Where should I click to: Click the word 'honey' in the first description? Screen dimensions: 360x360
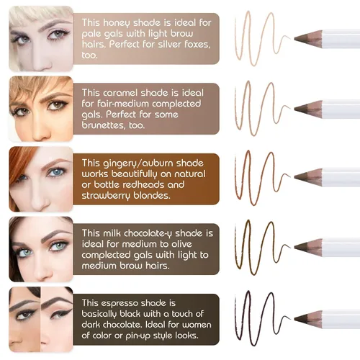point(117,23)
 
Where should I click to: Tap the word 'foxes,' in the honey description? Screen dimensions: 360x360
point(197,45)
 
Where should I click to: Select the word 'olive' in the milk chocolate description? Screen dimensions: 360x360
point(181,244)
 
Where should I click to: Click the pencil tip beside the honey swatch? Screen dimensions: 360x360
point(295,37)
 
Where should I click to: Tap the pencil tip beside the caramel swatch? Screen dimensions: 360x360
point(295,109)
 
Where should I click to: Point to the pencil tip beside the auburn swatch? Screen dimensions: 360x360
point(295,177)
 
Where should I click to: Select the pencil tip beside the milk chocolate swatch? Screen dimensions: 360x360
point(295,246)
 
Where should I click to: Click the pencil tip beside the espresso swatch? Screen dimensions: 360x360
point(295,318)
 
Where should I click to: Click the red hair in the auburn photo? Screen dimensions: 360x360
point(20,168)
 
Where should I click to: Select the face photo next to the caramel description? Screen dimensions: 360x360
point(41,109)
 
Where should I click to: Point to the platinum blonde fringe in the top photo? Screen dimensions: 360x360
point(36,15)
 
